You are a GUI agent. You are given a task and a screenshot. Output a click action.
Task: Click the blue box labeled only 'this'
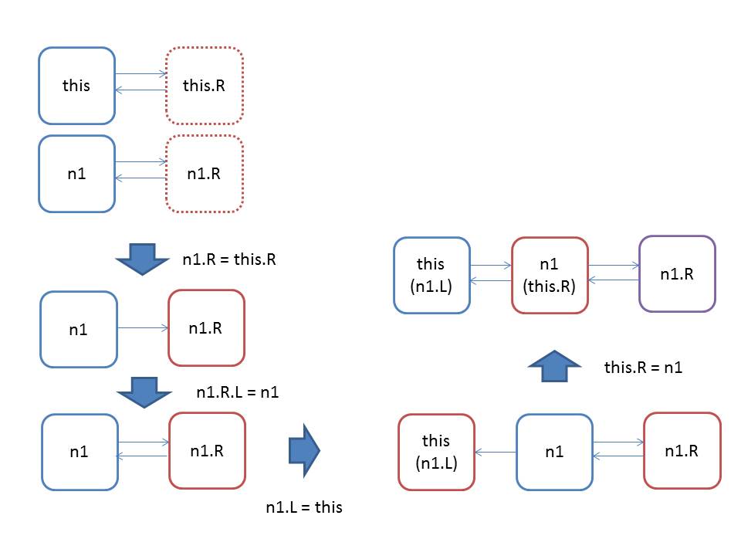(76, 86)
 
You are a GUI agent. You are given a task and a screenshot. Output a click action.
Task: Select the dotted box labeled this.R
(204, 86)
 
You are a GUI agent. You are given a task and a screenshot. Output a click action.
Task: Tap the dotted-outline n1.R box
(204, 174)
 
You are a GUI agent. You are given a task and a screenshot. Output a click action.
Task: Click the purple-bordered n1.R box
(677, 273)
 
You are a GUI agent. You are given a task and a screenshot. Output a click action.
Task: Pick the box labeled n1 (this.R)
(550, 275)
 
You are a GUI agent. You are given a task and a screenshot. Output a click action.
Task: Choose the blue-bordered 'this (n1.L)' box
(431, 275)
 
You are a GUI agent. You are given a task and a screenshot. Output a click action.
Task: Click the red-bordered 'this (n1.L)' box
(436, 452)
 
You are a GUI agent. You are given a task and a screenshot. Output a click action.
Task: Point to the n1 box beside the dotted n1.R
(76, 174)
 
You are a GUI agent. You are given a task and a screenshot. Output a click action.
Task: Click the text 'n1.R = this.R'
(229, 259)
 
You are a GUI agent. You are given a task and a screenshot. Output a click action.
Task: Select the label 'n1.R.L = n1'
(237, 392)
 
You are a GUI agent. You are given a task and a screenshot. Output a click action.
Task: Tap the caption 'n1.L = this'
(304, 507)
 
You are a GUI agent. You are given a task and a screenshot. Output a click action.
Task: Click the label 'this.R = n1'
(643, 368)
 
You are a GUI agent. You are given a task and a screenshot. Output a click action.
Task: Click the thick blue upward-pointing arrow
(554, 366)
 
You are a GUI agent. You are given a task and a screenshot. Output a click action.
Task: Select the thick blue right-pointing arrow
(304, 450)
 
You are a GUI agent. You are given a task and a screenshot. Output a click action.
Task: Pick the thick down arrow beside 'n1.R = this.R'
(142, 259)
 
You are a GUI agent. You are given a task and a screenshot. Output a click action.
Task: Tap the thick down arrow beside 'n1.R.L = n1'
(144, 392)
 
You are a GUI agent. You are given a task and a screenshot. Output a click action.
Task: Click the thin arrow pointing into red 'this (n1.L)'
(496, 453)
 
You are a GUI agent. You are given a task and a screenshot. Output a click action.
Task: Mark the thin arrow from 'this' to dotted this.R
(140, 74)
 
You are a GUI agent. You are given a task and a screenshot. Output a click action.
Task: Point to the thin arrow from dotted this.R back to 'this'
(140, 90)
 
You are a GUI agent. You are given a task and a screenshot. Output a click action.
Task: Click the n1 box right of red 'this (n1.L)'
(554, 452)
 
